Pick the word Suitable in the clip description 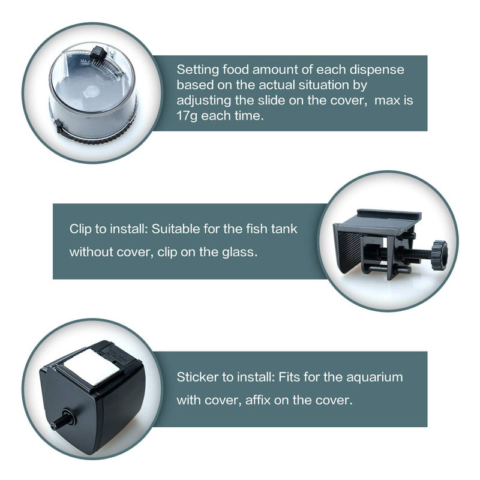click(174, 229)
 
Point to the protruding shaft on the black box click(59, 422)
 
